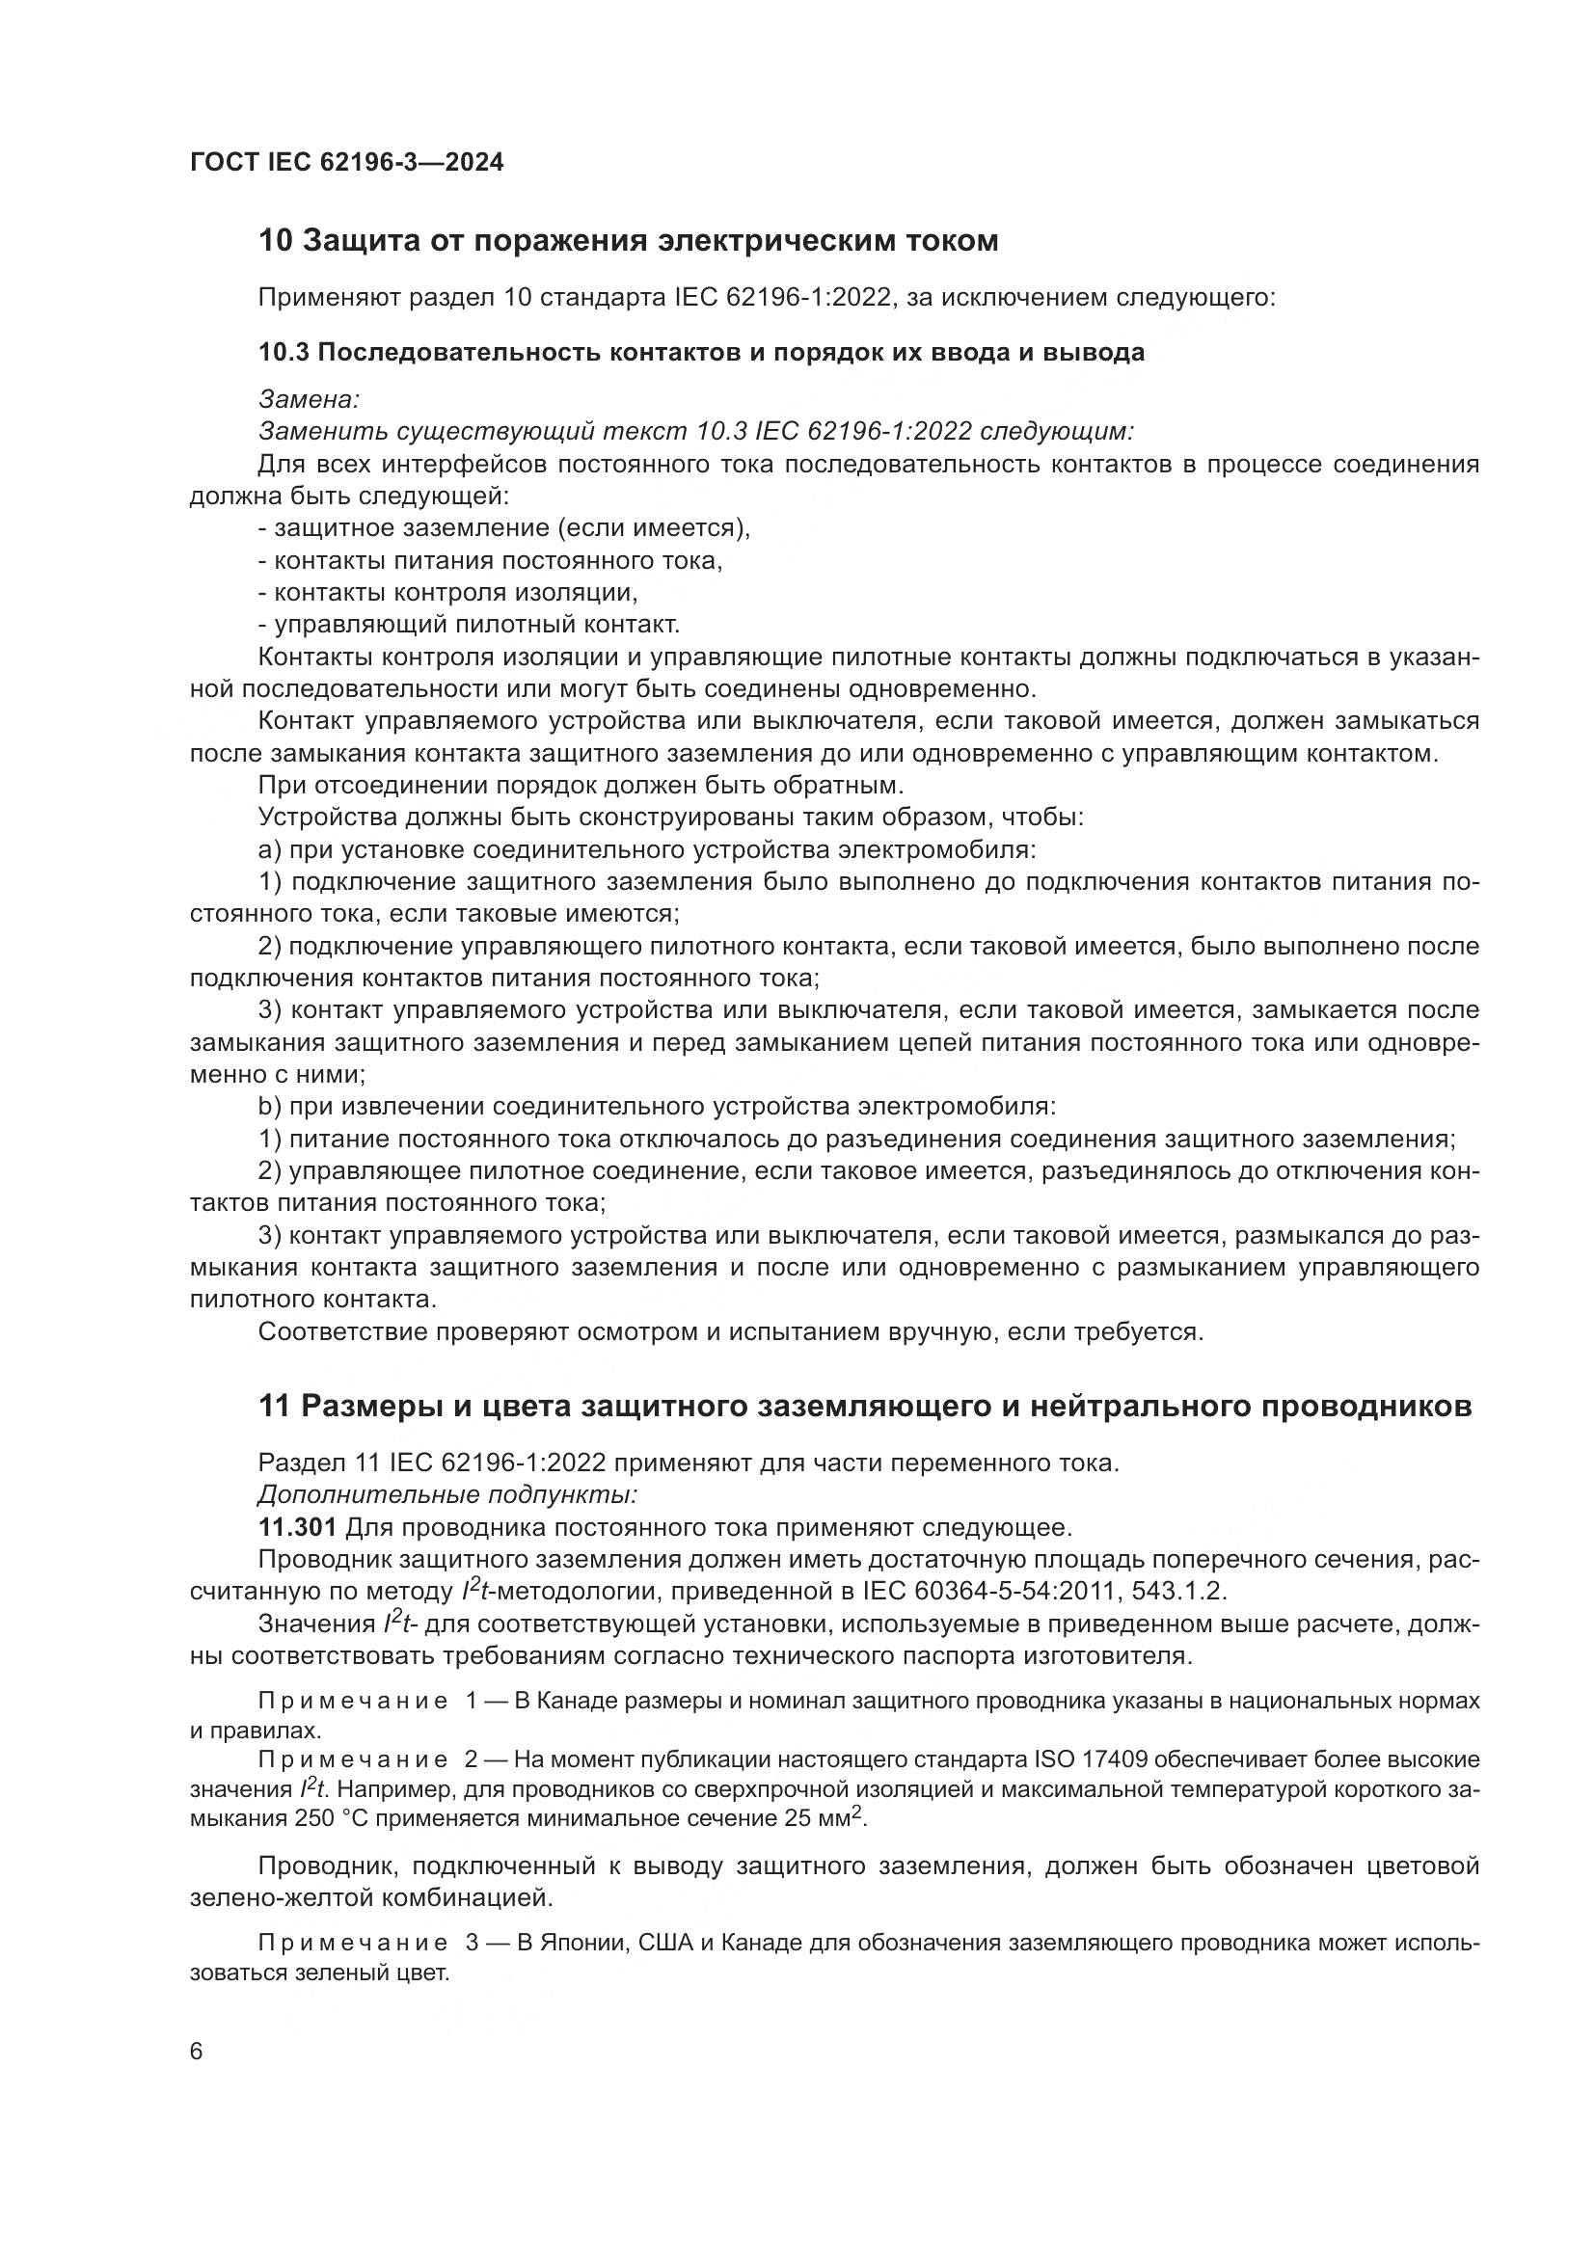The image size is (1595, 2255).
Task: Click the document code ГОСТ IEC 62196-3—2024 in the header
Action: pos(347,162)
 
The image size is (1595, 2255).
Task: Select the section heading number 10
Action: pos(275,241)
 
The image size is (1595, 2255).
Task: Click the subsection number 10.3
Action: pos(283,352)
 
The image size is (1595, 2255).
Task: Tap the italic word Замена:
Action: pos(309,399)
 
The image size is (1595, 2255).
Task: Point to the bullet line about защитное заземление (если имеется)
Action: pos(503,528)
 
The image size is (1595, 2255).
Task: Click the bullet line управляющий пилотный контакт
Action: pos(469,625)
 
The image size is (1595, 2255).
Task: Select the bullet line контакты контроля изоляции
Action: pos(447,592)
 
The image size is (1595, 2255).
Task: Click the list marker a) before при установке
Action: pos(269,849)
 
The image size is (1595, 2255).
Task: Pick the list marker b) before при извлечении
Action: pos(269,1107)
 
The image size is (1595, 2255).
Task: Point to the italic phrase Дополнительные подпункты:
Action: pos(447,1496)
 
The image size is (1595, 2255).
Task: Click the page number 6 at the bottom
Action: pos(197,2052)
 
